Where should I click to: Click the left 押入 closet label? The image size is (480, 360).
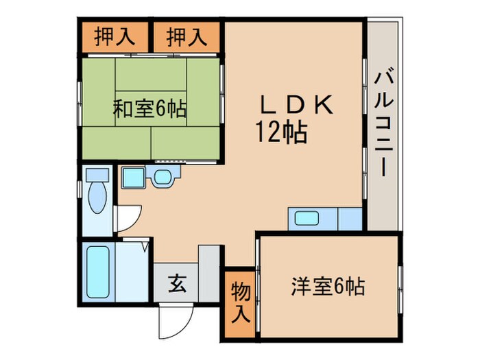(114, 36)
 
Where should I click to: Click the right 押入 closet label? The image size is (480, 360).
(187, 36)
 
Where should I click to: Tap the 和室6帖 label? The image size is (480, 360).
(149, 108)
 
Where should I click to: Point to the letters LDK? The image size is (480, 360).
(297, 105)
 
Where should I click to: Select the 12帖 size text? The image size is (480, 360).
(281, 131)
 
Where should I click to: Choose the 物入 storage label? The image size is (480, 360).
(239, 302)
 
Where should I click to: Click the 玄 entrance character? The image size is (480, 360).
(176, 282)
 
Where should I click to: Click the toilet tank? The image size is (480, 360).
(97, 175)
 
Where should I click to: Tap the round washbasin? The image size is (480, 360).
(163, 178)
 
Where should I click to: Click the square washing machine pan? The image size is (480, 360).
(132, 178)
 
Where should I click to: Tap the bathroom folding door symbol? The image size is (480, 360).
(145, 246)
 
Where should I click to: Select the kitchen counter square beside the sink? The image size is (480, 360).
(350, 219)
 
